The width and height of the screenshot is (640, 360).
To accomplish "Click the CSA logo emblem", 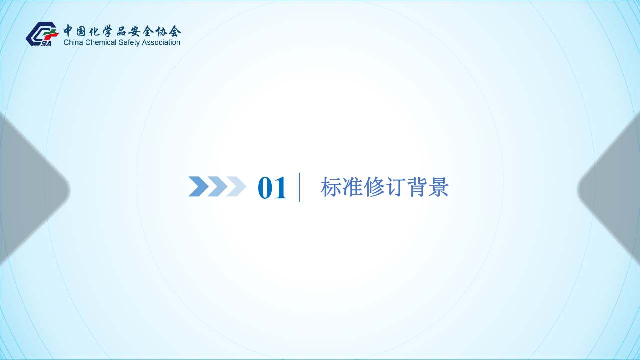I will tap(41, 34).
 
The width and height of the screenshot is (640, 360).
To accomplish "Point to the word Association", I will tap(163, 43).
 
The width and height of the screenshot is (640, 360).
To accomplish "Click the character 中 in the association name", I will tap(69, 31).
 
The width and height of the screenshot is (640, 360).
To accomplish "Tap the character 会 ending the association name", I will tap(175, 31).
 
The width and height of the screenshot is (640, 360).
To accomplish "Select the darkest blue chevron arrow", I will tap(198, 186).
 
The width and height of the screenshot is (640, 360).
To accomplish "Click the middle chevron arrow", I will tap(217, 186).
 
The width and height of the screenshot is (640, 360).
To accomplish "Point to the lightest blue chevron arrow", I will tap(236, 186).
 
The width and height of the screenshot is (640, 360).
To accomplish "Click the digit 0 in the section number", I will tap(265, 188).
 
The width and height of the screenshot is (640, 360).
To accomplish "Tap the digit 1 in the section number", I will tap(281, 188).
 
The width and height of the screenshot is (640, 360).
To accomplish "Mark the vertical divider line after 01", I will tap(299, 187).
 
